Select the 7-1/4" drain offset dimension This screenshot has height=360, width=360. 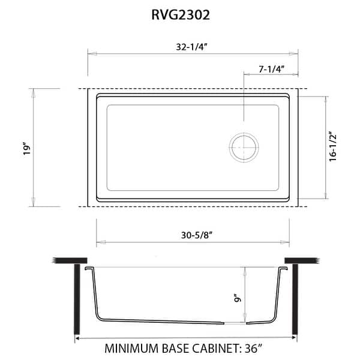click(x=271, y=69)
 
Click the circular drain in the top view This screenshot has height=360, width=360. click(x=244, y=146)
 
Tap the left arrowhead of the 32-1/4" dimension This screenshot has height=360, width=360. click(x=91, y=54)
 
